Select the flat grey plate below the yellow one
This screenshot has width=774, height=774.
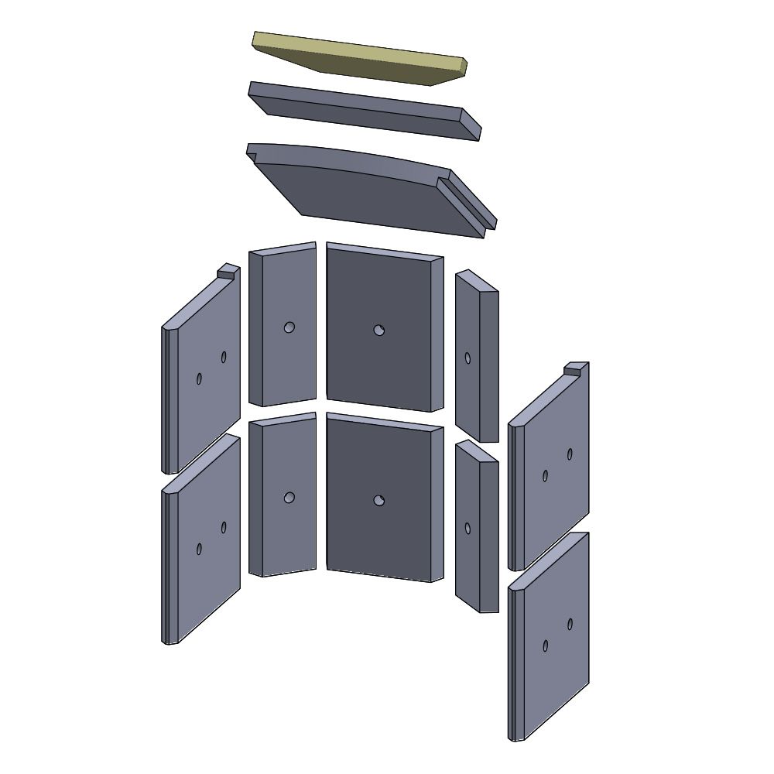(x=364, y=111)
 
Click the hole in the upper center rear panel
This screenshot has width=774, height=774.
(x=378, y=330)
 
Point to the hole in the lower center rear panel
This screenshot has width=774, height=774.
(x=378, y=500)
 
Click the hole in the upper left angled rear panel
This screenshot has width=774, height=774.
(x=289, y=327)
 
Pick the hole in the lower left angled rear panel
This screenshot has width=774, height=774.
(x=289, y=498)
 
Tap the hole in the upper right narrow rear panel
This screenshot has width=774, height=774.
(x=467, y=358)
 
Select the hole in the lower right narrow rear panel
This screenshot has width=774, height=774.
(x=467, y=528)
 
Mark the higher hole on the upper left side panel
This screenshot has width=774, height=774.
(x=224, y=357)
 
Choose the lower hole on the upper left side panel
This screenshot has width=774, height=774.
(x=199, y=378)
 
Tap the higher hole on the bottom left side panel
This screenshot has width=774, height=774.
(x=224, y=527)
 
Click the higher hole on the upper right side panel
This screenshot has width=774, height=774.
(x=570, y=454)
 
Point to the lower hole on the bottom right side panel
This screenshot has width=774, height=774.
(x=545, y=646)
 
